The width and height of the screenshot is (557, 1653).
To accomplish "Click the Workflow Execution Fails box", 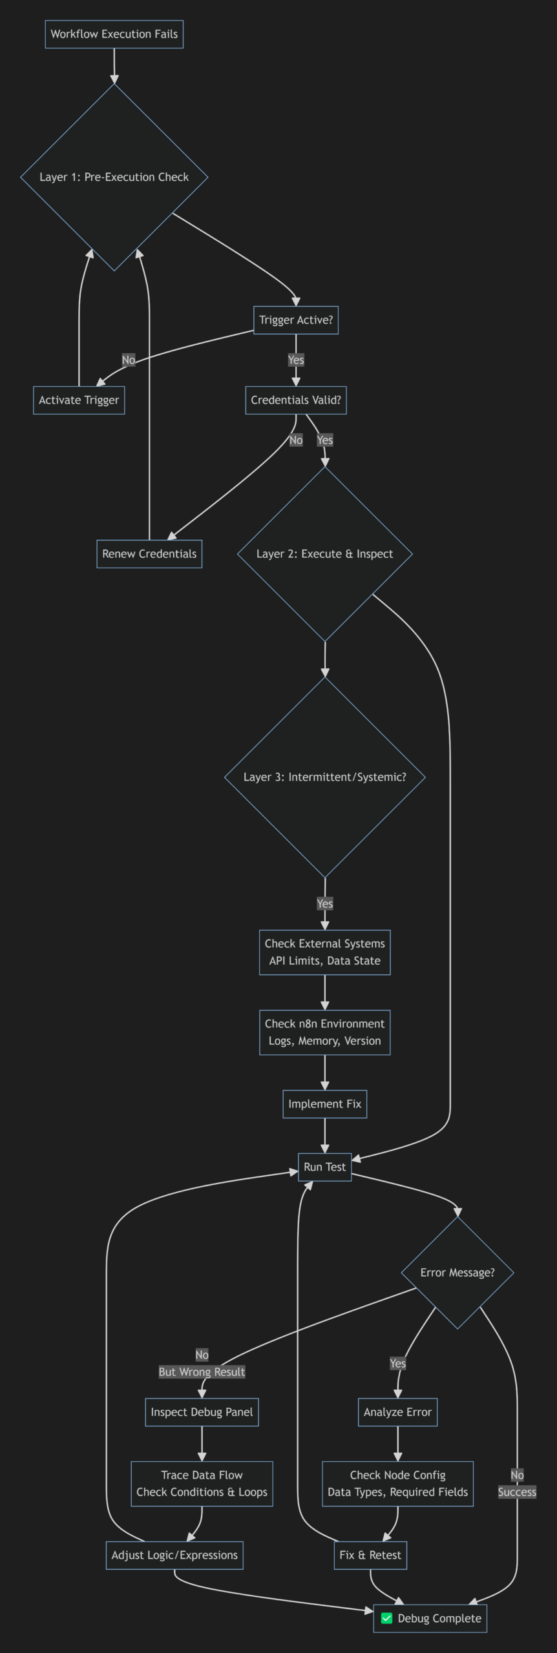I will coord(114,34).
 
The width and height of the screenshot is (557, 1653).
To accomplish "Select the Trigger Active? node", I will coord(295,320).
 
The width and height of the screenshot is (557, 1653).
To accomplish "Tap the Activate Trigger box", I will coord(79,400).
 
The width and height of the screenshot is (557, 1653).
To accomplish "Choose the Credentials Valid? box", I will coord(295,400).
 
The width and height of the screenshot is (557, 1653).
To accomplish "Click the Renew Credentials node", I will coord(149,554).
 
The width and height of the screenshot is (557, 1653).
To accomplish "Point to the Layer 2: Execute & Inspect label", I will coord(324,554).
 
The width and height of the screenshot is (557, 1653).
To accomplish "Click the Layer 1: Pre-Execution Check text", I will coord(114,177).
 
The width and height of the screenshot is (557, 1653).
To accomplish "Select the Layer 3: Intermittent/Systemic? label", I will coord(324,777).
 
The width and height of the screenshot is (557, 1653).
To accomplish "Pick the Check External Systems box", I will coord(324,952).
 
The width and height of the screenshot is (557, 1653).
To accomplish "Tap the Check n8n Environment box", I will coord(324,1032).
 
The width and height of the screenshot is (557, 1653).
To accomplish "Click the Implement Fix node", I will coord(324,1104).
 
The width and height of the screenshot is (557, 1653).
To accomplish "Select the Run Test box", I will coord(324,1167).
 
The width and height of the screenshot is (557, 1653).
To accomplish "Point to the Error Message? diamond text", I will coord(457,1273).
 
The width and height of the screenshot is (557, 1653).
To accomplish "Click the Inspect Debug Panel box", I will coord(202,1412).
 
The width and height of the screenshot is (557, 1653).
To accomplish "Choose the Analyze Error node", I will coord(397,1412).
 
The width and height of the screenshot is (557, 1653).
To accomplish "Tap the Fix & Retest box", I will coord(370,1555).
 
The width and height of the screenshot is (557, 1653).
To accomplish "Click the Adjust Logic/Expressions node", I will coord(174,1555).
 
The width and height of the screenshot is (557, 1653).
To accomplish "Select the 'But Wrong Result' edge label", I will coord(202,1372).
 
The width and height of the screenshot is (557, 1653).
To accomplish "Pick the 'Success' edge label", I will coord(517,1492).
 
